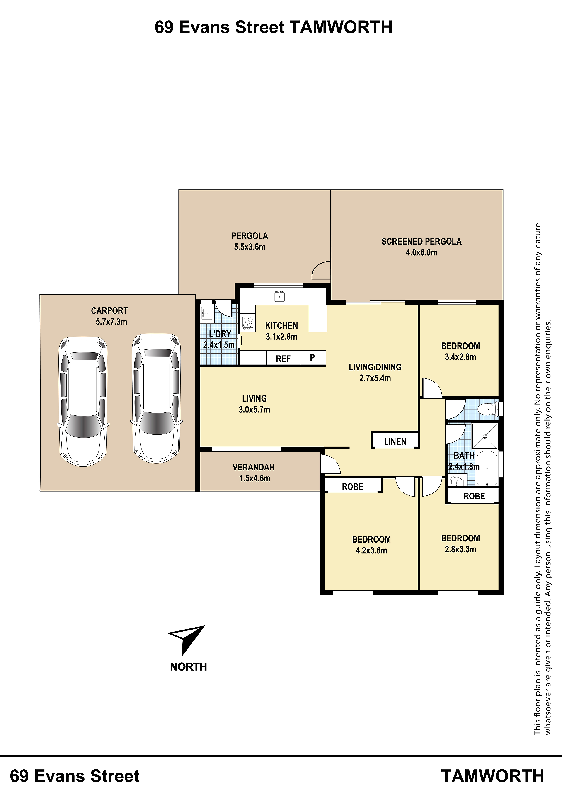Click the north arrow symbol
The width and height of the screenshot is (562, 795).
point(186,640)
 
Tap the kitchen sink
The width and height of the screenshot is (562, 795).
point(279,296)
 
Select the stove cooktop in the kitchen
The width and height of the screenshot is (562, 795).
point(248,323)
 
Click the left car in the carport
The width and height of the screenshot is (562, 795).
point(83,402)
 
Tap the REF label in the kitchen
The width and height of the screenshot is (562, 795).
point(283,359)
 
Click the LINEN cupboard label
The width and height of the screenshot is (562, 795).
point(395,441)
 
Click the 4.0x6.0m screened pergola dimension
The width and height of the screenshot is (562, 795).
point(421,252)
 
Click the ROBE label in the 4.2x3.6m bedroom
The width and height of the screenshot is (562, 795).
point(353,487)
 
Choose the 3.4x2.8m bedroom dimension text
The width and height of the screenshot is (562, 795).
point(460,357)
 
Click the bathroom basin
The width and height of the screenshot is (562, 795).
point(458,481)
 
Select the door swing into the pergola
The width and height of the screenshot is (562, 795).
point(321,270)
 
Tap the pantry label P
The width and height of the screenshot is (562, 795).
point(312,358)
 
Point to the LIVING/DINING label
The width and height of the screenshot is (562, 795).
point(375,367)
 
